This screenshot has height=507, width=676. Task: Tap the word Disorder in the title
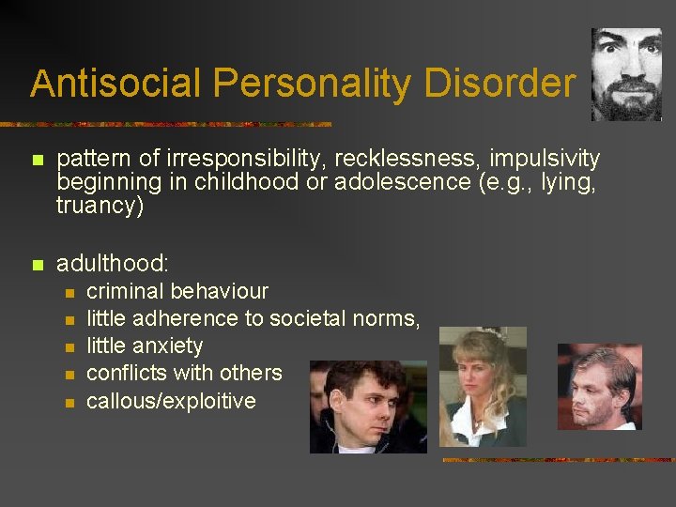click(499, 84)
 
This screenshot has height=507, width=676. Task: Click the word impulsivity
click(545, 159)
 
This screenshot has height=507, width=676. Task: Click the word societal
click(308, 318)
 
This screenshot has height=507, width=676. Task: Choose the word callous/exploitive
click(171, 401)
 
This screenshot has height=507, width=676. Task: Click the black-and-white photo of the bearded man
click(626, 74)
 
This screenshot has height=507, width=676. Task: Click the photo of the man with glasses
click(599, 386)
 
